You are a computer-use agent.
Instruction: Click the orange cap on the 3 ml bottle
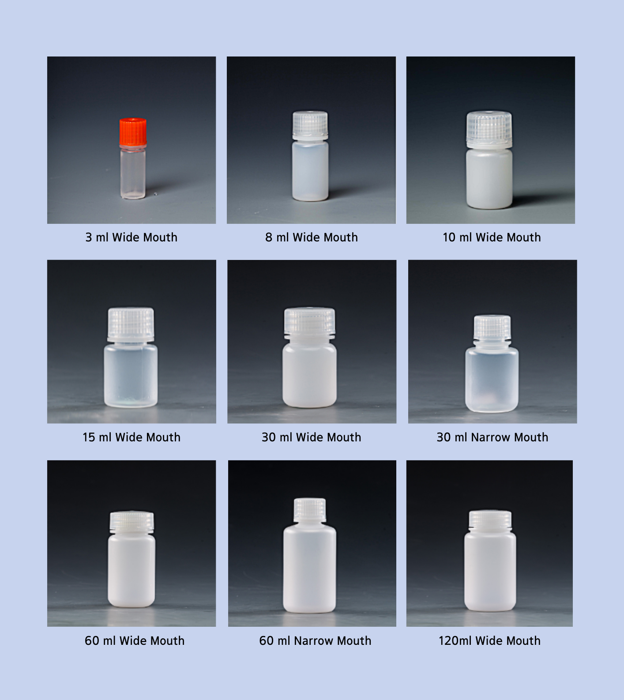point(133,131)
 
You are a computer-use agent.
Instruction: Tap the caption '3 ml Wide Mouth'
point(132,237)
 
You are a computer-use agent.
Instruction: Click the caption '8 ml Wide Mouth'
point(312,237)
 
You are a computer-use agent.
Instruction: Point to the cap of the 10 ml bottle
point(489,128)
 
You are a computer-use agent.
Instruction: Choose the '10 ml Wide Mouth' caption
point(492,237)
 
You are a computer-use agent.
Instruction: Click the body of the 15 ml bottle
point(131,375)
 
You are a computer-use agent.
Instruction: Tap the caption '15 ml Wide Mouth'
point(132,437)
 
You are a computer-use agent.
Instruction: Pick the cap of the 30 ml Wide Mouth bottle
point(310,321)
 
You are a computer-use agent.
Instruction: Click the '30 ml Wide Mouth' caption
point(312,437)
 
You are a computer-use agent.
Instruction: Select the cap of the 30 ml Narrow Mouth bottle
point(492,328)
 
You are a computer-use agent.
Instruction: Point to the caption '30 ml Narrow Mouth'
point(492,437)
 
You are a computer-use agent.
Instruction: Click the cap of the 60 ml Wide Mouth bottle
point(132,521)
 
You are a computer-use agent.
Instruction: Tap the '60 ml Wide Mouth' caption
point(135,641)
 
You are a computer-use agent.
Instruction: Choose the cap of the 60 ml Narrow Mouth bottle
point(310,509)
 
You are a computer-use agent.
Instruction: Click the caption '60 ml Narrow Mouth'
point(315,641)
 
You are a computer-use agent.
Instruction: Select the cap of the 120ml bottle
point(490,520)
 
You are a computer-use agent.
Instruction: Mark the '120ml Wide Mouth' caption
point(489,641)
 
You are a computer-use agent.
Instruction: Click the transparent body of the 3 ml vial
point(133,173)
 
